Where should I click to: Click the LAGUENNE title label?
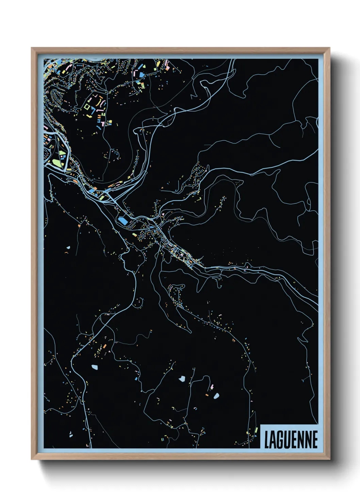pyautogui.click(x=291, y=439)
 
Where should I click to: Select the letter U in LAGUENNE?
pyautogui.click(x=288, y=440)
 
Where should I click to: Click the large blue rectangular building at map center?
pyautogui.click(x=123, y=221)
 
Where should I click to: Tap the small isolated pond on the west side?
pyautogui.click(x=68, y=248)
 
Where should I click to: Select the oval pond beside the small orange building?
pyautogui.click(x=216, y=395)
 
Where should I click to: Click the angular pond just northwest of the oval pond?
pyautogui.click(x=182, y=378)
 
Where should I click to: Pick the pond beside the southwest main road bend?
pyautogui.click(x=94, y=367)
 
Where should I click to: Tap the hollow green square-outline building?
pyautogui.click(x=88, y=107)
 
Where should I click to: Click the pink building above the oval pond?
pyautogui.click(x=212, y=387)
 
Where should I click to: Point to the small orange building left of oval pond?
pyautogui.click(x=207, y=395)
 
